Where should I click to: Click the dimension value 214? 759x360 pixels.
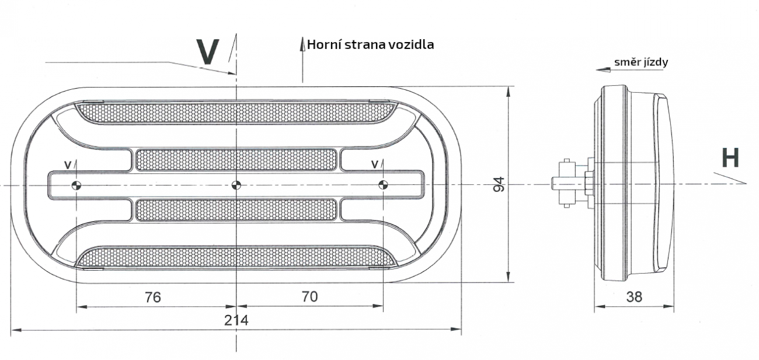(236, 320)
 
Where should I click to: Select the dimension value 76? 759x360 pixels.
(152, 296)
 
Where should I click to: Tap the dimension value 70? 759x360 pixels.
(310, 296)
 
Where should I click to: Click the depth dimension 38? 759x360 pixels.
(633, 296)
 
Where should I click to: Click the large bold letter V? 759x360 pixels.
(208, 51)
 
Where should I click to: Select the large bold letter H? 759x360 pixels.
(730, 158)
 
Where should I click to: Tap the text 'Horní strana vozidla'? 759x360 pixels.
(370, 44)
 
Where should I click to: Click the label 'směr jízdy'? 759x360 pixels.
(640, 62)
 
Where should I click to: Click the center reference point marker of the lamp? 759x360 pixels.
(236, 186)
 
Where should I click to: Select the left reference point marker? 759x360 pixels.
(76, 186)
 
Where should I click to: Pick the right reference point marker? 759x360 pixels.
(383, 186)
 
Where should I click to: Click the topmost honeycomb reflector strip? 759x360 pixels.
(236, 113)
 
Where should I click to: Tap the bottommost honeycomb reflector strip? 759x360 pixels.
(236, 257)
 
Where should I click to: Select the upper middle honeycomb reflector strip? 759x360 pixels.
(236, 160)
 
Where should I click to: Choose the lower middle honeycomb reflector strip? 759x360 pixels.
(236, 210)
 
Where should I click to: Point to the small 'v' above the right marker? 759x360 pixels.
(374, 165)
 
